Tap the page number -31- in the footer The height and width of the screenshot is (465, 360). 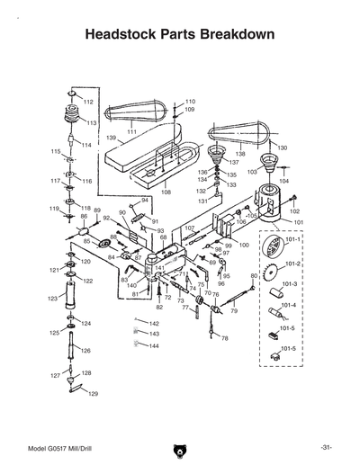point(325,448)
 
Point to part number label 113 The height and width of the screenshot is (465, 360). point(92,122)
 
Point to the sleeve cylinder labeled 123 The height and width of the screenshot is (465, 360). point(69,299)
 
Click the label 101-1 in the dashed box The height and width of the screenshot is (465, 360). point(293,241)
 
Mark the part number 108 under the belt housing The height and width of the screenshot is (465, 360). point(166,192)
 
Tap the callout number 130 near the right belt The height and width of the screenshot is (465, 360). point(282,148)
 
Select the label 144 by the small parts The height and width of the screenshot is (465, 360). point(154,345)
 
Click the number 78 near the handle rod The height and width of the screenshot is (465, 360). point(224,339)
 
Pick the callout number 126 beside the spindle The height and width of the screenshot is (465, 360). point(85,351)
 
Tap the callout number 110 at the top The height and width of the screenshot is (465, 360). point(190,102)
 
